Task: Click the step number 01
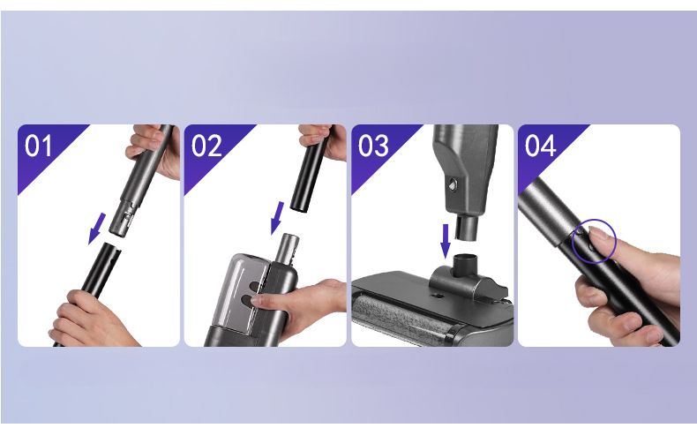tap(38, 146)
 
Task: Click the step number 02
tap(206, 146)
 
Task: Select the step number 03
tap(373, 146)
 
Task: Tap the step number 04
tap(540, 146)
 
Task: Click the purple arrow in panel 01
tap(97, 229)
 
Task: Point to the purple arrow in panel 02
tap(277, 218)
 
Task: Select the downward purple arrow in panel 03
tap(446, 242)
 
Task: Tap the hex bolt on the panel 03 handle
tap(453, 184)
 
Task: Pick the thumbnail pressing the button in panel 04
tap(596, 233)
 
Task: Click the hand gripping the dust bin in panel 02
tap(299, 304)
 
